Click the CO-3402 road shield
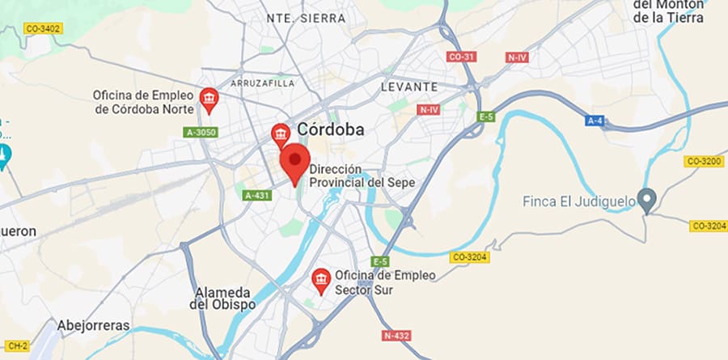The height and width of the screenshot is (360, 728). [x=43, y=29]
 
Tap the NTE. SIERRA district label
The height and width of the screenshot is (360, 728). [x=306, y=18]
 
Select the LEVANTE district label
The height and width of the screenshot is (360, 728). [x=409, y=87]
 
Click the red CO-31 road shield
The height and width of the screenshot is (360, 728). [x=461, y=57]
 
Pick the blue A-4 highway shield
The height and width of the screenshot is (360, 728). [x=595, y=121]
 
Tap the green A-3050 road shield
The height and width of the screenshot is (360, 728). [x=200, y=132]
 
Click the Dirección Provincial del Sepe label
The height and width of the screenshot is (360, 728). [x=362, y=177]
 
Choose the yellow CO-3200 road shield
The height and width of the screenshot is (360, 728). [x=703, y=161]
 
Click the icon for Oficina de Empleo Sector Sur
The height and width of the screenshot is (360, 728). [x=321, y=280]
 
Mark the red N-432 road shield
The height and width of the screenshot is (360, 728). [x=397, y=335]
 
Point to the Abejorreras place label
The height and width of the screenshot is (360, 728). [x=94, y=325]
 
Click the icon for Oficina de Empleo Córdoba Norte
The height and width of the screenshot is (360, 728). [x=210, y=100]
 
